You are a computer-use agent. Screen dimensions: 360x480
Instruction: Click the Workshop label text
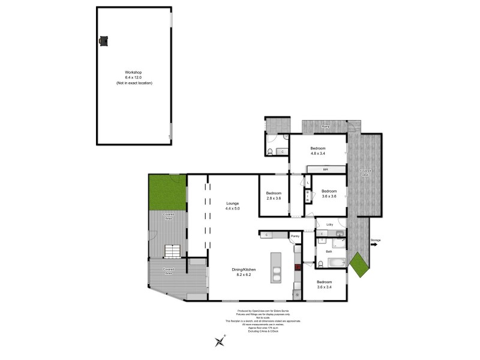134,72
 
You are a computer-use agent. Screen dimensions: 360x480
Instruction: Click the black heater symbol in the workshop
103,41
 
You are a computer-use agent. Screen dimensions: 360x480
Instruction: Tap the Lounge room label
233,203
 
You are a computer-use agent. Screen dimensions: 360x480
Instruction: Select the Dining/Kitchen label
244,269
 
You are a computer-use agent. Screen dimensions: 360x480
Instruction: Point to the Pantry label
295,236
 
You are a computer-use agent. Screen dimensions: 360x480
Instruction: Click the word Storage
376,241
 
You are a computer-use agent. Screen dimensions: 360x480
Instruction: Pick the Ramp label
325,127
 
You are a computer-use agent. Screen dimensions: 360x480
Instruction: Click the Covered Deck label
365,172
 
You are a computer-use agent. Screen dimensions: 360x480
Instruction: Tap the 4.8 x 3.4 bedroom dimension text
318,154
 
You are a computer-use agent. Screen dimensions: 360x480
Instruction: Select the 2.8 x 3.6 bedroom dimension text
274,198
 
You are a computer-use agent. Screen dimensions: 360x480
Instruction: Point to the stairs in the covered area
173,250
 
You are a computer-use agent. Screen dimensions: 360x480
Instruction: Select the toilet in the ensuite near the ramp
271,151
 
